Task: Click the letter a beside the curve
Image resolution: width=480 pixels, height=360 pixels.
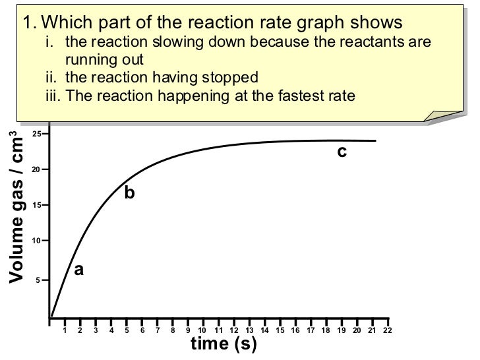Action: [79, 270]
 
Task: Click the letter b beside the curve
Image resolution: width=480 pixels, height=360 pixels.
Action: [129, 193]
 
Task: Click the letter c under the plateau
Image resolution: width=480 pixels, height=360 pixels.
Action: [342, 152]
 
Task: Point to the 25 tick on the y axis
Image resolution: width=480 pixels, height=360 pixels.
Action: [36, 134]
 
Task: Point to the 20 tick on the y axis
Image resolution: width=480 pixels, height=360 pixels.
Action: [36, 169]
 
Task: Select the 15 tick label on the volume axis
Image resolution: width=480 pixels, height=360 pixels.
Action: [36, 205]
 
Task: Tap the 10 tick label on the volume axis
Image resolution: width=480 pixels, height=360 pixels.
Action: [36, 241]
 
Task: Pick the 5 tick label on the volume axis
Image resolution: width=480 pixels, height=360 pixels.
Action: [38, 280]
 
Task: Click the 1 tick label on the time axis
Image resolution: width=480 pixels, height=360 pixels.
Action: [64, 330]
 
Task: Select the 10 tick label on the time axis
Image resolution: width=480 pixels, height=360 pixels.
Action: [202, 330]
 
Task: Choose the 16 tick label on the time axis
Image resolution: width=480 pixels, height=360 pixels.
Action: [295, 330]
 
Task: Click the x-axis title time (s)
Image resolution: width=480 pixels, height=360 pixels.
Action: [223, 344]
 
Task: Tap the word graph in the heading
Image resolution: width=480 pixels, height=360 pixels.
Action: [318, 22]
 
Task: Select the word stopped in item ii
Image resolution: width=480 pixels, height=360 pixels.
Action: [229, 76]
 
